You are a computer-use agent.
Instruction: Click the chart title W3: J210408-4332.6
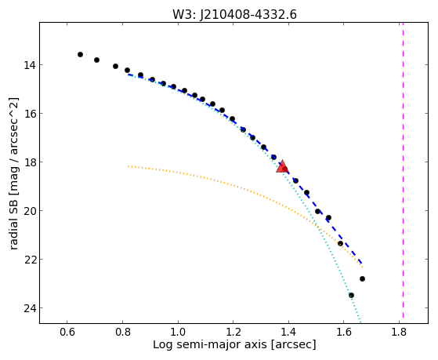[234, 14]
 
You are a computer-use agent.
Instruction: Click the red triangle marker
[282, 167]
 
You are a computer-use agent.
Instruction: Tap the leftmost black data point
[80, 55]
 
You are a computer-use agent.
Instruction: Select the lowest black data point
[351, 296]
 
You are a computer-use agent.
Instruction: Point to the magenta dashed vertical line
[403, 170]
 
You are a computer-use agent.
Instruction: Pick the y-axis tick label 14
[29, 65]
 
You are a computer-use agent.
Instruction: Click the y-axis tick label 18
[29, 162]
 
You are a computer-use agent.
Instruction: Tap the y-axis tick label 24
[29, 308]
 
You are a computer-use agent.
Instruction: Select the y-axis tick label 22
[29, 260]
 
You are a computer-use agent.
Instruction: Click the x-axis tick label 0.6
[67, 333]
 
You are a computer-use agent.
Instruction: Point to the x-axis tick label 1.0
[178, 333]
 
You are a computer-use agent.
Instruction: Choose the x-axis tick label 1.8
[399, 333]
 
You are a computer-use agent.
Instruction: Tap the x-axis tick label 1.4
[288, 333]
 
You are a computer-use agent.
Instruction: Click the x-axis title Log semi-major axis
[209, 345]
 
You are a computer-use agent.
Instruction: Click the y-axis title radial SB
[14, 223]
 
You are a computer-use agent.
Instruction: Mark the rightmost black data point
[362, 279]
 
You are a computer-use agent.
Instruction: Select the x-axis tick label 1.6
[344, 333]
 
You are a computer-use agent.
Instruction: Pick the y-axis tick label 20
[29, 211]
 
